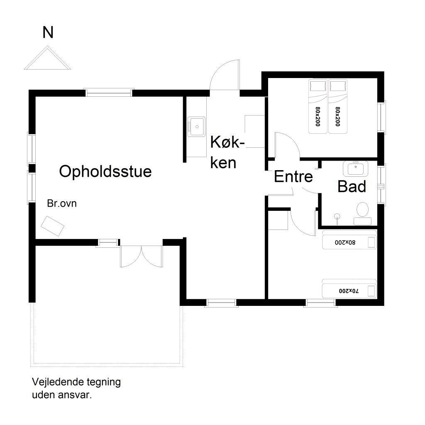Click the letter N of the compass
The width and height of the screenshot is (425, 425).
[48, 32]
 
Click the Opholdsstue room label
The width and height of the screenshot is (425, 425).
[105, 171]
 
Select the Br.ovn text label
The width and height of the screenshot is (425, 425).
[62, 203]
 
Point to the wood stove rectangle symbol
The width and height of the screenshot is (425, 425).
[52, 226]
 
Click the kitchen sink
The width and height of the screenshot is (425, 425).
[196, 127]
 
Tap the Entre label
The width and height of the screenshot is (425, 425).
[293, 176]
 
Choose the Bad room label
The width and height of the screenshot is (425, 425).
[352, 186]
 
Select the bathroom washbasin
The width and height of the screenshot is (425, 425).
[355, 169]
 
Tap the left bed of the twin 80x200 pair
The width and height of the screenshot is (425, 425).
[318, 107]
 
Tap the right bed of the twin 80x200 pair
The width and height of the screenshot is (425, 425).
[338, 107]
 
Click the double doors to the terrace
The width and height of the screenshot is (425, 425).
[142, 256]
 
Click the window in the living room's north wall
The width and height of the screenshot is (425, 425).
[109, 93]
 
